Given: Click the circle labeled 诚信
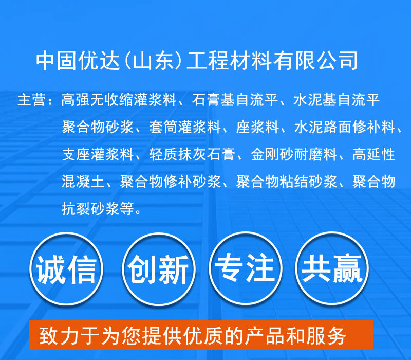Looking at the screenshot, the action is pos(66,268).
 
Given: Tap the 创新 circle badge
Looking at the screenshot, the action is pos(159,269).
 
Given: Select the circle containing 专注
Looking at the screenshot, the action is pos(246,268).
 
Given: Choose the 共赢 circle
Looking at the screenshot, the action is pos(332,268).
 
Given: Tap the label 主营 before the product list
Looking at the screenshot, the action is pos(32,100).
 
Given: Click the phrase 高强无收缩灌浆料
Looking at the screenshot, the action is pos(119,100).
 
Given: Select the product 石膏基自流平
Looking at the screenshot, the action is pos(235,100).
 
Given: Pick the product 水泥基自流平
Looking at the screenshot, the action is pos(337,100).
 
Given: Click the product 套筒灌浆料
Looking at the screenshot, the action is pos(185,127).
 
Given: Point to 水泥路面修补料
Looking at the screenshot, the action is pos(344,127).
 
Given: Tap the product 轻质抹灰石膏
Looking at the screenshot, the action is pos(192,154).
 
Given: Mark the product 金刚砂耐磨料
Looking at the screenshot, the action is pos(294,154).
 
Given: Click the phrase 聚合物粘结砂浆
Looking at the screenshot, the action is pos(287,182).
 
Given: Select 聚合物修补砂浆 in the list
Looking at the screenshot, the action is pos(171,182).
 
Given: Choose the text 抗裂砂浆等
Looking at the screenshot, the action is pos(98,209).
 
